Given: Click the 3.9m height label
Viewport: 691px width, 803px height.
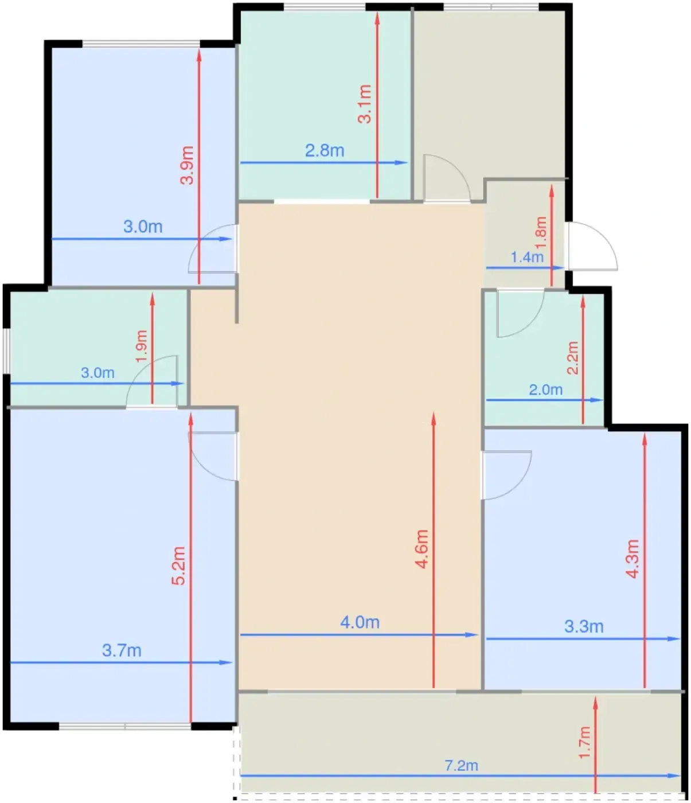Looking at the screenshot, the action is pyautogui.click(x=188, y=165).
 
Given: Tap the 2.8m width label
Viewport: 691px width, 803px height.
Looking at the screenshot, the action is pyautogui.click(x=325, y=151).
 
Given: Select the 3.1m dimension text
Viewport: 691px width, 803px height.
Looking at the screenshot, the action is pyautogui.click(x=365, y=104).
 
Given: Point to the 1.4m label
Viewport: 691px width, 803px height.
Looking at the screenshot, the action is pyautogui.click(x=526, y=257).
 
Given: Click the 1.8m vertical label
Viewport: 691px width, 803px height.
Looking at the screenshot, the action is pyautogui.click(x=541, y=232).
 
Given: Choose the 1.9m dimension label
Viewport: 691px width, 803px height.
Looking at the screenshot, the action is pyautogui.click(x=142, y=346).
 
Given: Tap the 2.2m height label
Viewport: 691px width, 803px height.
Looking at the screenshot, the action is pyautogui.click(x=572, y=358).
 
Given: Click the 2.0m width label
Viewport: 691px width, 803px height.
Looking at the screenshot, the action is pyautogui.click(x=545, y=389).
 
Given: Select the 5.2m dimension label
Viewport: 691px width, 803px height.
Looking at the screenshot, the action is pyautogui.click(x=179, y=566).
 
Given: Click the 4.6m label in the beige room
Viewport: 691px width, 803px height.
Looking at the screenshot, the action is pyautogui.click(x=422, y=549).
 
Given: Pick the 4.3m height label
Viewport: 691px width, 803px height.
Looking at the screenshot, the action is pyautogui.click(x=633, y=559).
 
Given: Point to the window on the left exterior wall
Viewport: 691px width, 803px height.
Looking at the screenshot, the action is pyautogui.click(x=6, y=351).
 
